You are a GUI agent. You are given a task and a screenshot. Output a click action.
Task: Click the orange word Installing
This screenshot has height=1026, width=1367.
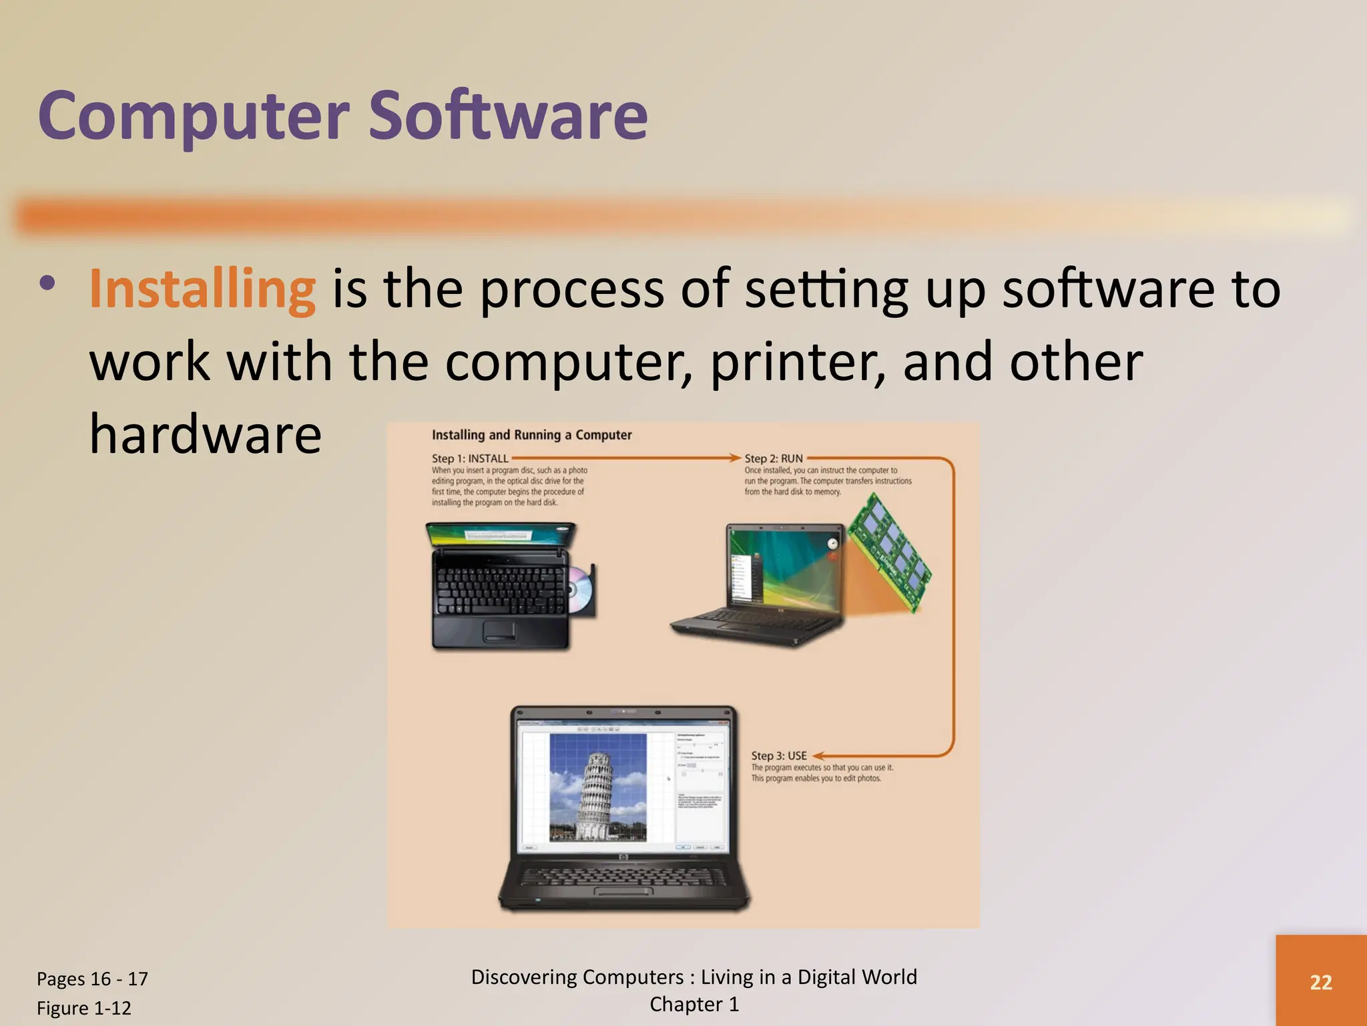(x=202, y=289)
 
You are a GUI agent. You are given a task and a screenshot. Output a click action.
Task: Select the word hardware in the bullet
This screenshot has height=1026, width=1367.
(x=206, y=434)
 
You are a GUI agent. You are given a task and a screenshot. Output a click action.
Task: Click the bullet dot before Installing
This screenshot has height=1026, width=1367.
(x=47, y=283)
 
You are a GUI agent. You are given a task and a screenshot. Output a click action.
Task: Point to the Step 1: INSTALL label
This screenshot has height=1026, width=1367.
(x=470, y=458)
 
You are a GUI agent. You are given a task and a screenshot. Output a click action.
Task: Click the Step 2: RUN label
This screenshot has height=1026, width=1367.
(x=774, y=458)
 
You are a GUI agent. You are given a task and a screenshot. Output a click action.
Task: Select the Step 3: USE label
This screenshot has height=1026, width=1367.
(x=779, y=755)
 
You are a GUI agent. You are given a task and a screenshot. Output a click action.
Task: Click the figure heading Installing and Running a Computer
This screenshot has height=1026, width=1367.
(x=531, y=435)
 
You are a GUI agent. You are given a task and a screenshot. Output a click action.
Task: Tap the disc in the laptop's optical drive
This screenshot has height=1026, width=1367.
(x=578, y=589)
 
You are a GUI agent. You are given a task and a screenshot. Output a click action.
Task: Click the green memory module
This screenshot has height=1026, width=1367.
(x=893, y=552)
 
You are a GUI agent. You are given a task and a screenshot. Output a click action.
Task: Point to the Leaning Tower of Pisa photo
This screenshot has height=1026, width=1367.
(x=597, y=787)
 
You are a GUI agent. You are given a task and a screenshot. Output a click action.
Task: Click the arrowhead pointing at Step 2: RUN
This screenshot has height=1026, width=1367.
(x=734, y=458)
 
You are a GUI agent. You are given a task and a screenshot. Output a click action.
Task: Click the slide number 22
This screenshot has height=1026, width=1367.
(x=1321, y=982)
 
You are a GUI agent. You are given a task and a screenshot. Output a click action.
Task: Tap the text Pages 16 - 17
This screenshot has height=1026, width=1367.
(x=92, y=979)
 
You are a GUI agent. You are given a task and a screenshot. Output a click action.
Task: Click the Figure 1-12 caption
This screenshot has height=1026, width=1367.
(x=84, y=1008)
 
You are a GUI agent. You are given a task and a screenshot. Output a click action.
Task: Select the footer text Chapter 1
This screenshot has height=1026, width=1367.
(x=694, y=1005)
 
